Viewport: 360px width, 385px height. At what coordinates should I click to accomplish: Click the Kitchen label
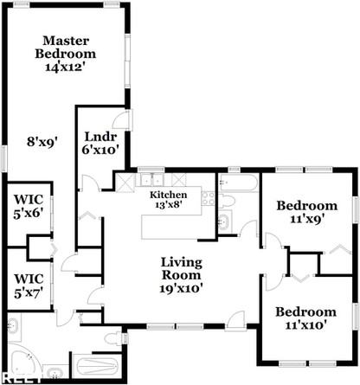coord(168,196)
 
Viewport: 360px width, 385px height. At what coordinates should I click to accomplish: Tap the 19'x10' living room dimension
coord(182,289)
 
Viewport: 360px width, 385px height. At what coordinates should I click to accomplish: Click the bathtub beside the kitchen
coord(237,183)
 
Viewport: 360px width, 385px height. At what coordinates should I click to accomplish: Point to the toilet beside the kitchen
coord(228,202)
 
